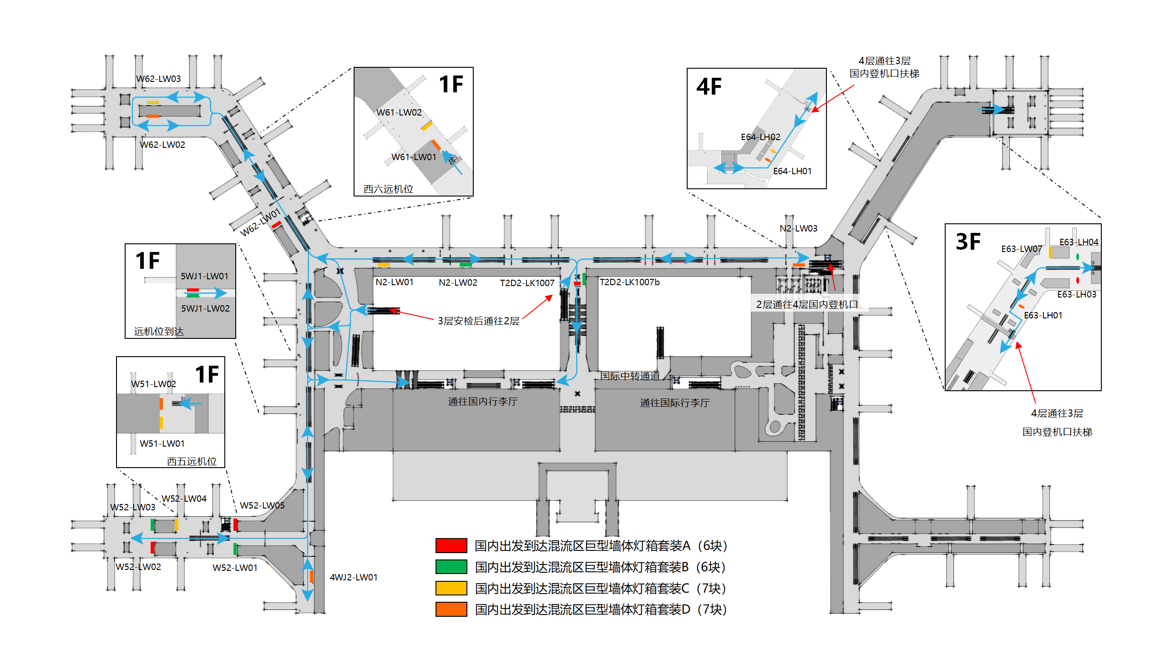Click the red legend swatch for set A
tap(451, 545)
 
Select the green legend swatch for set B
tap(451, 567)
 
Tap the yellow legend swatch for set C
tap(451, 588)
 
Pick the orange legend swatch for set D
tap(451, 609)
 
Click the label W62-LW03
tap(158, 79)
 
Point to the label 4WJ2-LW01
tap(354, 577)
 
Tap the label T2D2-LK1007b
tap(629, 282)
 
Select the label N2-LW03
tap(798, 228)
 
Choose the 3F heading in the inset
tap(968, 242)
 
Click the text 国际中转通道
tap(630, 376)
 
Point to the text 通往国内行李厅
tap(482, 401)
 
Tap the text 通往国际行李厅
tap(674, 403)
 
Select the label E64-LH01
tap(792, 171)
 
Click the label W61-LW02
tap(399, 112)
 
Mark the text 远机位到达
tap(159, 331)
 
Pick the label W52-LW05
tap(262, 505)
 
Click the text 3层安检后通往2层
tap(478, 321)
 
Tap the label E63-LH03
tap(1076, 294)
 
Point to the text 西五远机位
tap(192, 461)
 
